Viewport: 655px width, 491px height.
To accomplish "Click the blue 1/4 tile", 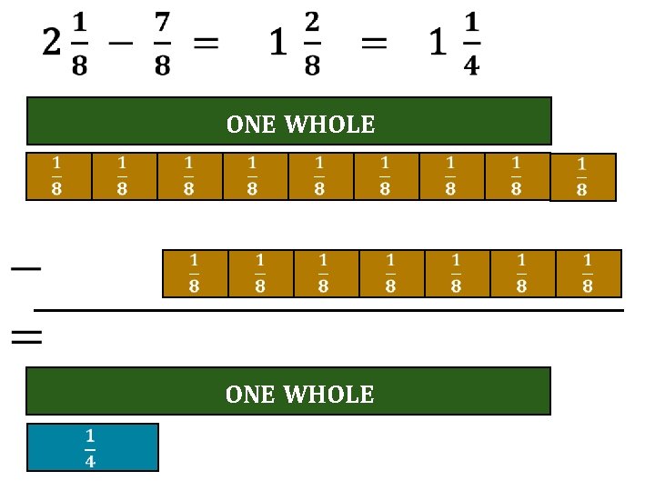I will click(92, 446).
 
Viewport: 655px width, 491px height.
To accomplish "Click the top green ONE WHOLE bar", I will click(289, 121).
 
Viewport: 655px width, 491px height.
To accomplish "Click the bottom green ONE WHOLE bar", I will click(287, 391).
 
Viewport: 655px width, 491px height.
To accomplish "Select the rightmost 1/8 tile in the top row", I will click(583, 176).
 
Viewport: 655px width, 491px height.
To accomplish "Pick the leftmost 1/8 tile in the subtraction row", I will click(194, 274).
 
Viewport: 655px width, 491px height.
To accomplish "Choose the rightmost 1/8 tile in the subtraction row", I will click(588, 274).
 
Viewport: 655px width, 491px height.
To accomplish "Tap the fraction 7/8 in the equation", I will click(162, 45).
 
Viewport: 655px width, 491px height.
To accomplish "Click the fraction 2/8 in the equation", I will click(312, 45).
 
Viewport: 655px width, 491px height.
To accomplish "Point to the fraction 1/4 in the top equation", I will click(470, 45).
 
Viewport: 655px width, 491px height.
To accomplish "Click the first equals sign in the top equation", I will click(206, 44).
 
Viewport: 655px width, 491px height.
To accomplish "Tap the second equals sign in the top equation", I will click(374, 44).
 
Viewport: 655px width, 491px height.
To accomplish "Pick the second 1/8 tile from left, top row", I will click(122, 175).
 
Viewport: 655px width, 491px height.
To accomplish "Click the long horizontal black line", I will click(327, 311).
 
